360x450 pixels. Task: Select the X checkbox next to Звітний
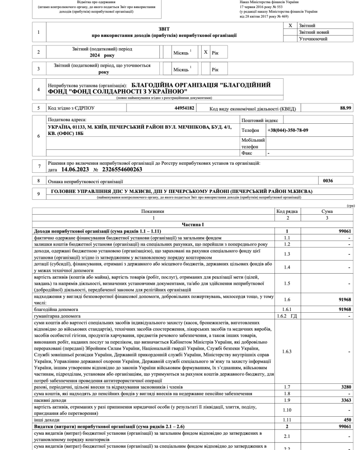290,26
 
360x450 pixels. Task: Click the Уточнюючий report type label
313,39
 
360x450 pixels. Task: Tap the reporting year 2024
94,55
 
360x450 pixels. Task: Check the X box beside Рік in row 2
206,53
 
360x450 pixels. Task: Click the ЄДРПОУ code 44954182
184,108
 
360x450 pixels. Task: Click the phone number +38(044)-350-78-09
288,130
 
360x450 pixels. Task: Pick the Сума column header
327,211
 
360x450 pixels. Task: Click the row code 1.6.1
287,310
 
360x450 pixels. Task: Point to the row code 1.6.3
287,351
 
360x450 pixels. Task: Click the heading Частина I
194,224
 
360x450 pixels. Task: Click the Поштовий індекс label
260,121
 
